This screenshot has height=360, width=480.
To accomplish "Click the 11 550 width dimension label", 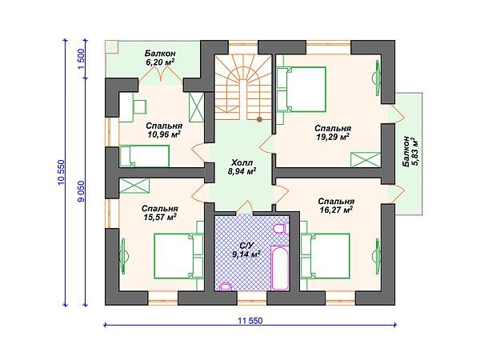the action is click(250, 321).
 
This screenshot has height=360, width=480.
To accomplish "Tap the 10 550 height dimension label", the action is click(61, 172).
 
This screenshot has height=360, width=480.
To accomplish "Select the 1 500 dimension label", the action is click(81, 58).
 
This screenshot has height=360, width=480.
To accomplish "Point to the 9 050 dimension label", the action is click(81, 191).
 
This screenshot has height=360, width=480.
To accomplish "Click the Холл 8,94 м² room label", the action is click(242, 167).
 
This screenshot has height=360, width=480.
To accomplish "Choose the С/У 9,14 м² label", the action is click(246, 250).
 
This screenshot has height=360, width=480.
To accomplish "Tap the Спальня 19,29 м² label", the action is click(333, 132).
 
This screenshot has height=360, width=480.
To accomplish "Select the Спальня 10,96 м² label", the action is click(164, 130).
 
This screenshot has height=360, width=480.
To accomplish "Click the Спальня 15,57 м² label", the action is click(160, 213).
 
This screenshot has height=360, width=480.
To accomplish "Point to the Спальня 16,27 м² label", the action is click(336, 206).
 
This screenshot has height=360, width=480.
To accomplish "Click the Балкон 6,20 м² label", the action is click(160, 58).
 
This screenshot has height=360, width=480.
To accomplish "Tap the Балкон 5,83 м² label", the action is click(410, 151).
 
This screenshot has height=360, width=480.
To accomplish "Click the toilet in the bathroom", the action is click(280, 228).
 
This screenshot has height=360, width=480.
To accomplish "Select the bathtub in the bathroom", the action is click(280, 267).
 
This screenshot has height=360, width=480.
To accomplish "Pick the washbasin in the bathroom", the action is click(226, 286).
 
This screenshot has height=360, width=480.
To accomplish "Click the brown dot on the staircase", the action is click(259, 119).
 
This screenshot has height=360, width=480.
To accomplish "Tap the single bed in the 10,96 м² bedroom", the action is click(145, 156).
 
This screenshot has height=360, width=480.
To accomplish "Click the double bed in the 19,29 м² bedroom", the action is click(302, 90).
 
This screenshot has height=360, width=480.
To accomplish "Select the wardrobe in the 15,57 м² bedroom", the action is click(134, 186).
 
